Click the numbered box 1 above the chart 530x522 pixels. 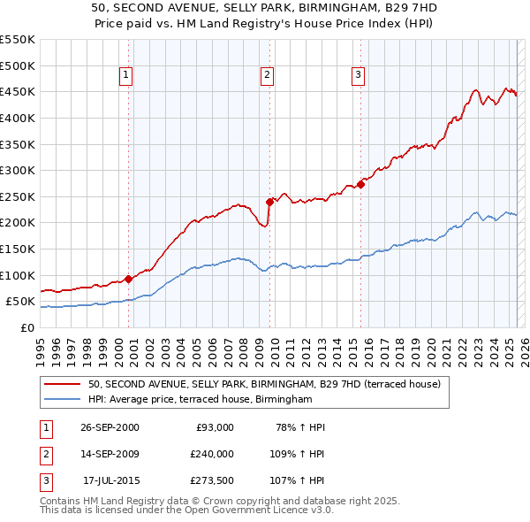point(127,76)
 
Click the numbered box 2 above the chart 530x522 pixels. point(267,76)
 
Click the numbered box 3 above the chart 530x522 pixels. point(358,76)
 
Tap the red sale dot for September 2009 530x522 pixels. point(269,202)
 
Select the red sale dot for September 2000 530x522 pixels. point(129,279)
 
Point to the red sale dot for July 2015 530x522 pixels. point(361,184)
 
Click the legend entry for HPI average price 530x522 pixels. point(201,400)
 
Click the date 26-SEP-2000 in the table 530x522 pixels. point(110,427)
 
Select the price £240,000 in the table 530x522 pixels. point(212,454)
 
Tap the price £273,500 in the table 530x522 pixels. point(212,480)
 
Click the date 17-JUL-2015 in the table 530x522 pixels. point(110,480)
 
